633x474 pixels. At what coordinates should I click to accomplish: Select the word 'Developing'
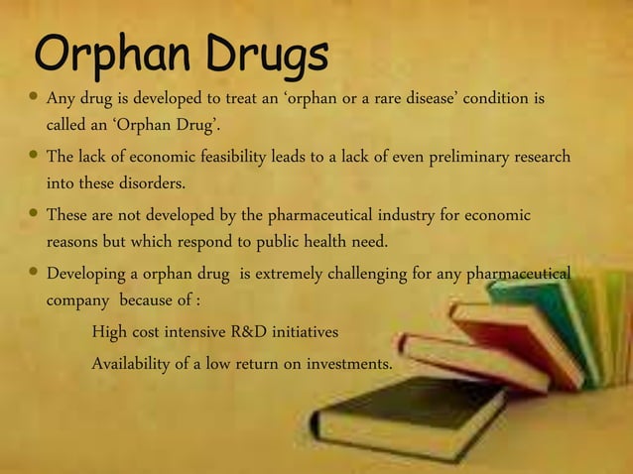pyautogui.click(x=88, y=273)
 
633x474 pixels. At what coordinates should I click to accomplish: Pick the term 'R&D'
pyautogui.click(x=252, y=330)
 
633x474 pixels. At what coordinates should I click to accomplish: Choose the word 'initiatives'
pyautogui.click(x=308, y=330)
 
